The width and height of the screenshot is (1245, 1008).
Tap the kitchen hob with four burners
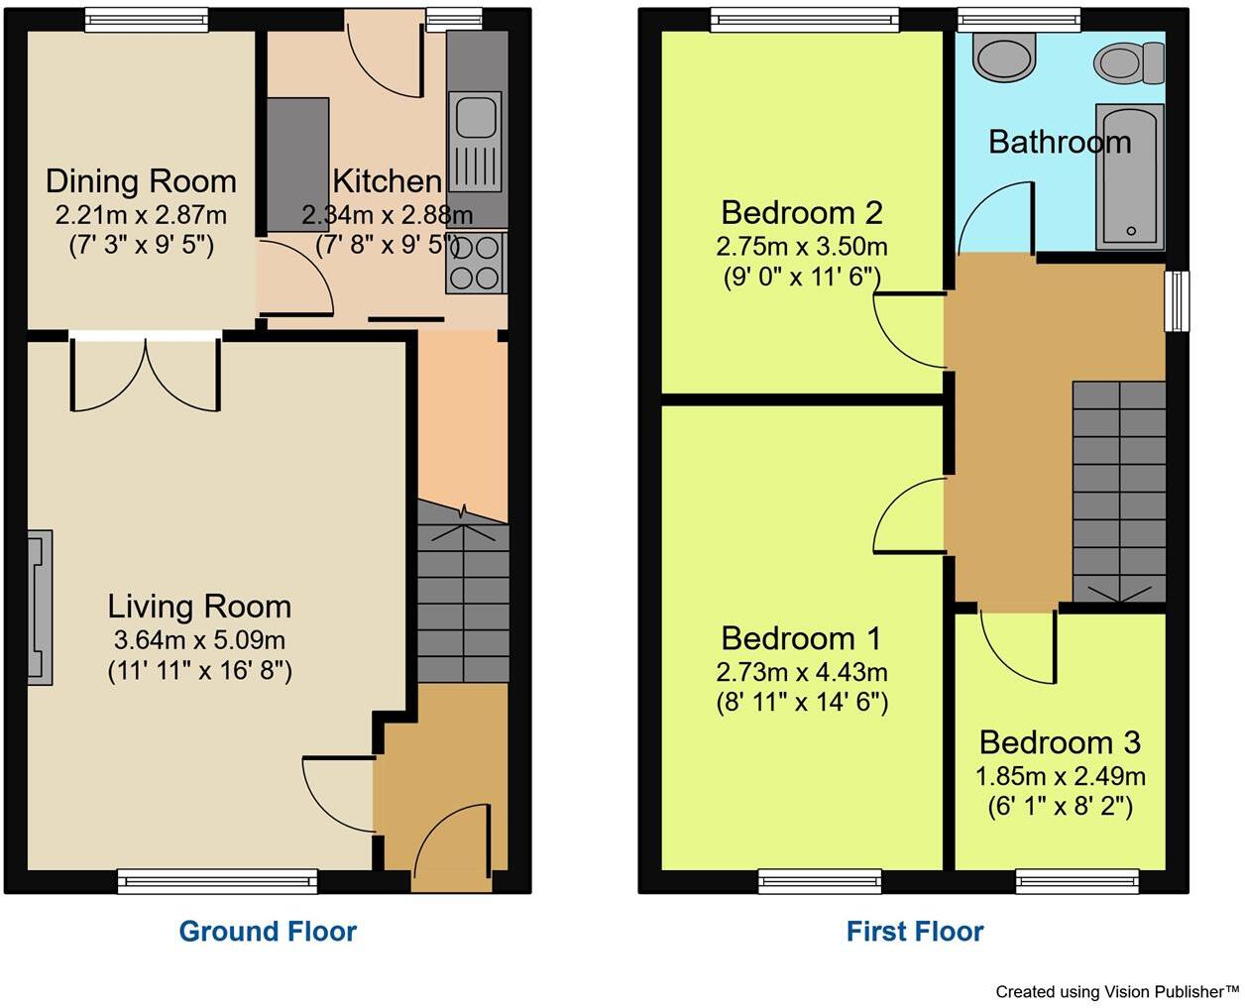point(475,263)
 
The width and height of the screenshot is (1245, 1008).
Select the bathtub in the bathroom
point(1129,175)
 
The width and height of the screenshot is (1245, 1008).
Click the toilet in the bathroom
point(1130,62)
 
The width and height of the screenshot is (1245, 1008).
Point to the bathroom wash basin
point(1004,57)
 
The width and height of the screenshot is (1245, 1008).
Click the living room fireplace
point(40,608)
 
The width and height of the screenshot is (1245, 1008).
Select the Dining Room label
point(141,181)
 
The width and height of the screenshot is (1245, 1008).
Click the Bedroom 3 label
point(1059,742)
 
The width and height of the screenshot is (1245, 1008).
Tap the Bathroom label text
point(1059,142)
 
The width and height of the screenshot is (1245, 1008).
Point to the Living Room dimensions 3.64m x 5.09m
point(199,640)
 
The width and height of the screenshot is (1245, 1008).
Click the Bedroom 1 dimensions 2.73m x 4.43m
point(801,672)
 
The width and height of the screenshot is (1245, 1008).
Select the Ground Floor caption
point(268,932)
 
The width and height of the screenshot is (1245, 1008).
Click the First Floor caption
point(914,932)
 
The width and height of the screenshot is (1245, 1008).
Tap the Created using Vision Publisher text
point(1116,991)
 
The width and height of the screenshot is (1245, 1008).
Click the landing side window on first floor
point(1177,300)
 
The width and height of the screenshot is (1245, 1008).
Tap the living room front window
point(217,881)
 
